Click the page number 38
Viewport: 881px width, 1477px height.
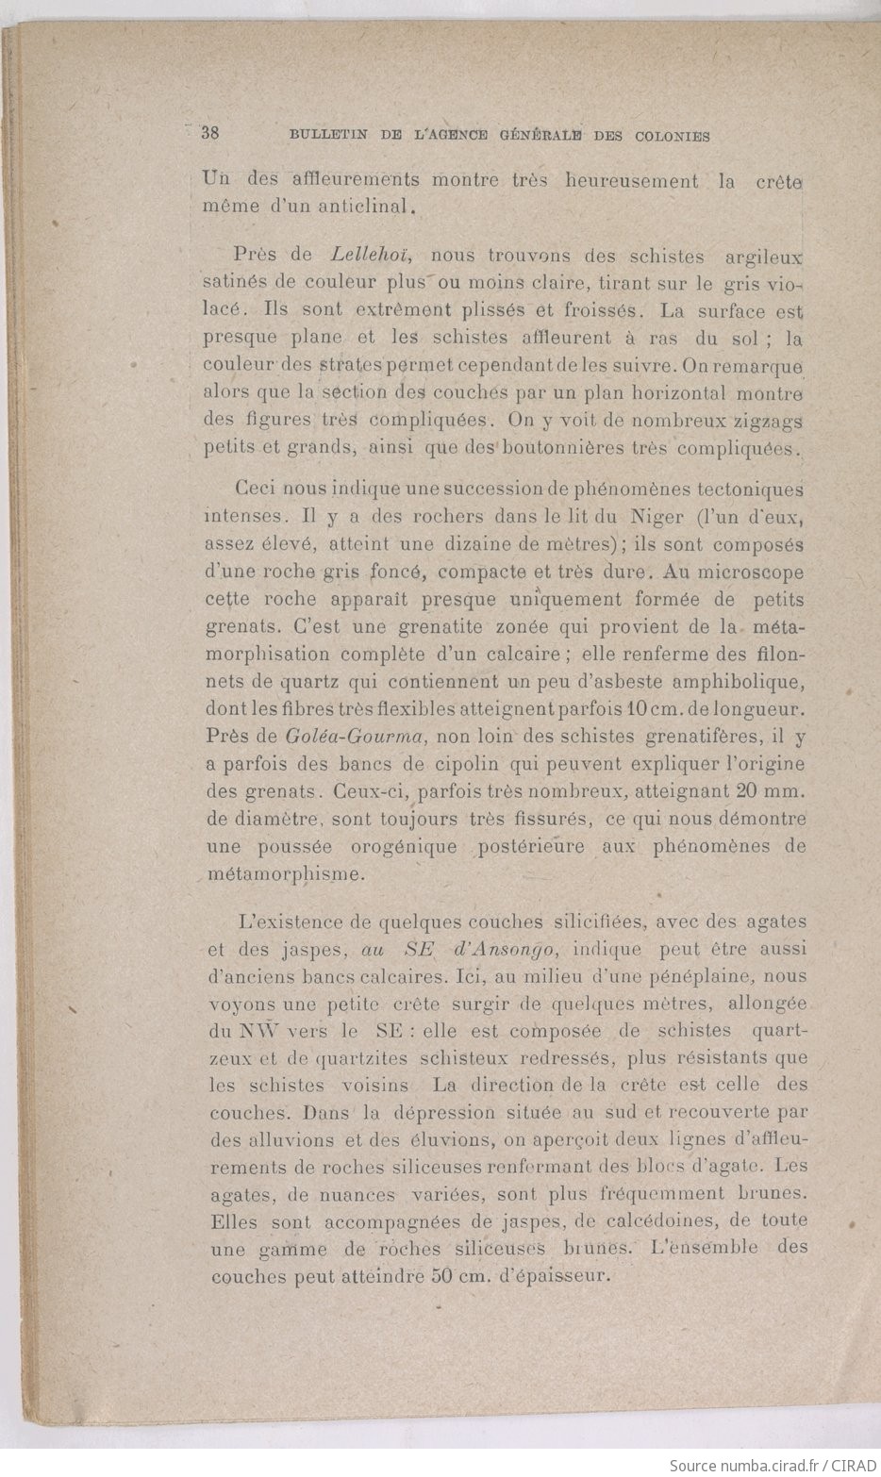(210, 133)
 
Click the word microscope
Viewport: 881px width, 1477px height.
(748, 572)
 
